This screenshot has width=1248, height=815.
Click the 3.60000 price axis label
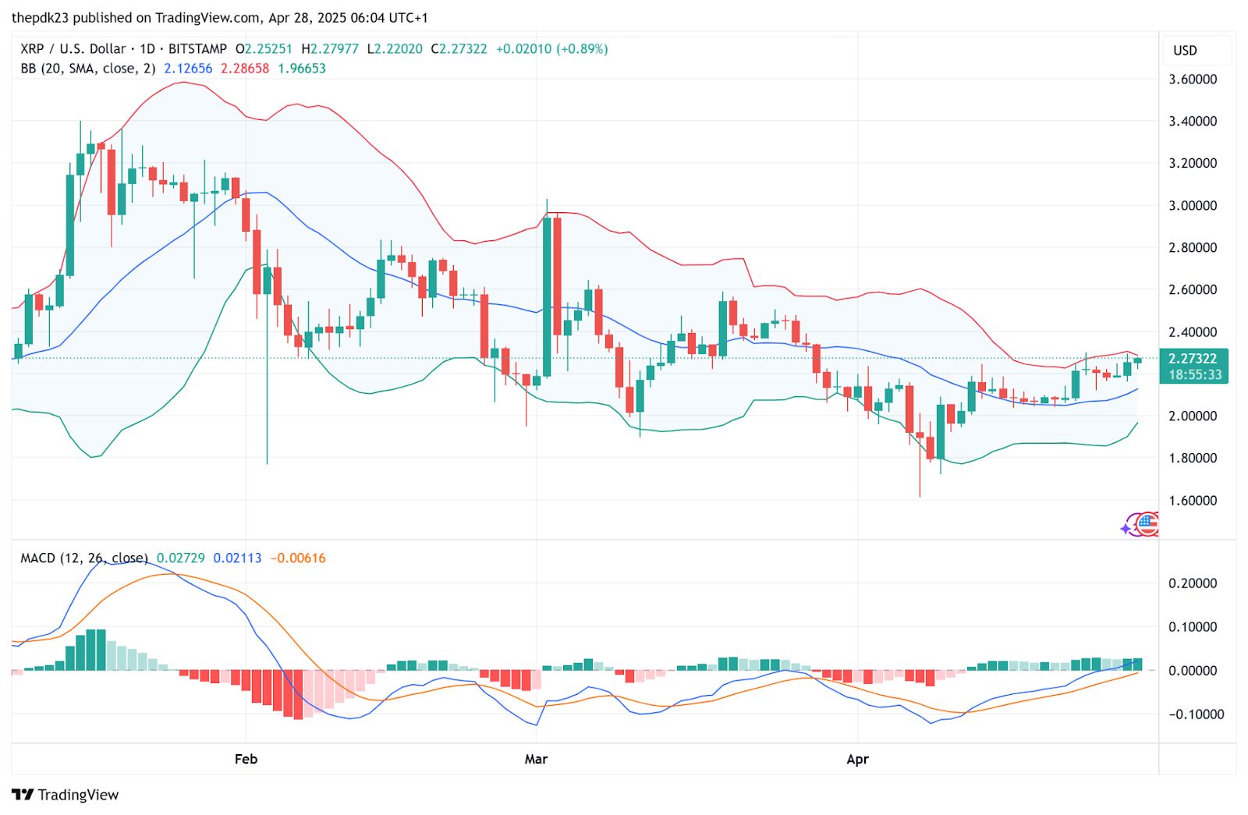[1193, 79]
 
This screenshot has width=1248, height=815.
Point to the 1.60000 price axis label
[1193, 500]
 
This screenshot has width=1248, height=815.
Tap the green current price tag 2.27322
[1193, 359]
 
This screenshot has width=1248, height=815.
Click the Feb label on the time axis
[246, 759]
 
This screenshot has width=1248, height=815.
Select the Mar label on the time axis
[536, 759]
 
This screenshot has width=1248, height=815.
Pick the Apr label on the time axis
[857, 759]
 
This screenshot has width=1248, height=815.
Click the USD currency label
[1185, 51]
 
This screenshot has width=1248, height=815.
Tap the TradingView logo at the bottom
[66, 795]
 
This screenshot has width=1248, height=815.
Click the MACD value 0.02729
[181, 558]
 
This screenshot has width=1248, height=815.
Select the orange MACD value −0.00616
[298, 558]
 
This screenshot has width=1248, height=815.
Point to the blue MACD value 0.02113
[237, 558]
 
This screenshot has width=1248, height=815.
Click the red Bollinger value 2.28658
[245, 69]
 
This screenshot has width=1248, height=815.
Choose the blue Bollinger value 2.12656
[188, 69]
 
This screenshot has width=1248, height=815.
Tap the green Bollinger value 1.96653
[302, 69]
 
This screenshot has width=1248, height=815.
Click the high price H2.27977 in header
[330, 49]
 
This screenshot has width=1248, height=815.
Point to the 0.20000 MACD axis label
[1193, 583]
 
